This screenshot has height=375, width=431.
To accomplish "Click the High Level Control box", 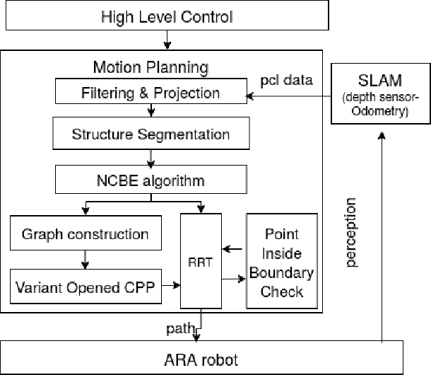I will click(167, 16).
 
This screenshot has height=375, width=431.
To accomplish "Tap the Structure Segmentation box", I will click(150, 134).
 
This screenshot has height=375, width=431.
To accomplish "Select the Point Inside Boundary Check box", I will click(281, 262).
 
